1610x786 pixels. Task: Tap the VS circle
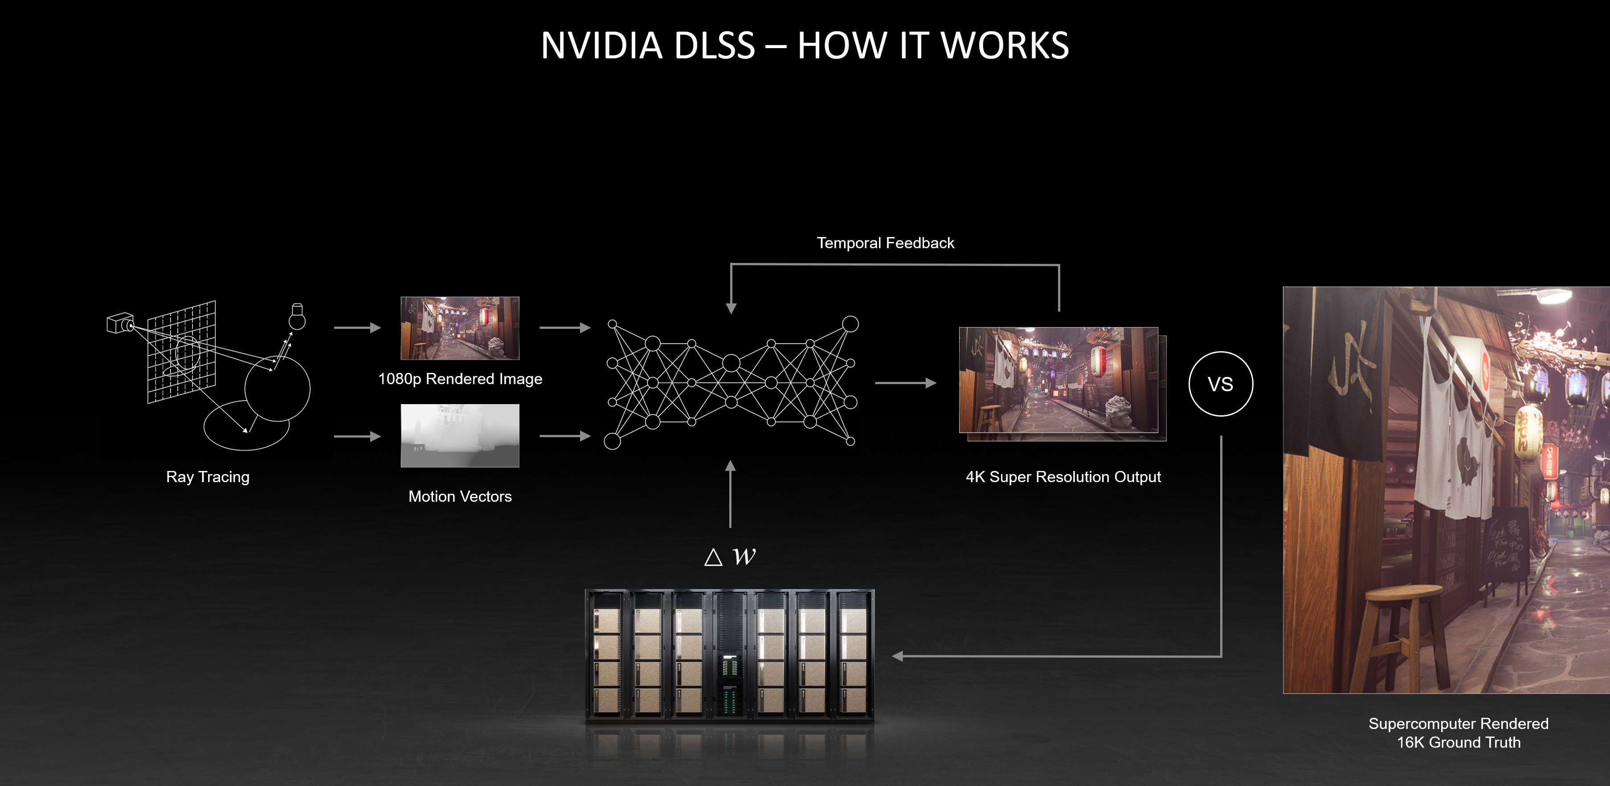tap(1220, 384)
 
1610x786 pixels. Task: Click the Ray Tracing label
tap(208, 477)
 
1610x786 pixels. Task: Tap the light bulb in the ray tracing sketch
tap(297, 316)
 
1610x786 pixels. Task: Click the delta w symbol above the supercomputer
tap(730, 556)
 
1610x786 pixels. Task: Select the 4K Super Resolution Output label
tap(1062, 477)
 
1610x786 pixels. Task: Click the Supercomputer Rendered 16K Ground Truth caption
tap(1458, 733)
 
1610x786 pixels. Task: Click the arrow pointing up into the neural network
tap(730, 494)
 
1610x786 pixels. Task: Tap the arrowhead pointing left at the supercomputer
tap(898, 656)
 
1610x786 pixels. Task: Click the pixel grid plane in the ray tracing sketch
tap(181, 352)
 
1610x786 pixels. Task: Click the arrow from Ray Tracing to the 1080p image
tap(357, 327)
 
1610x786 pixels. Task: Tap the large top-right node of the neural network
tap(850, 324)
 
